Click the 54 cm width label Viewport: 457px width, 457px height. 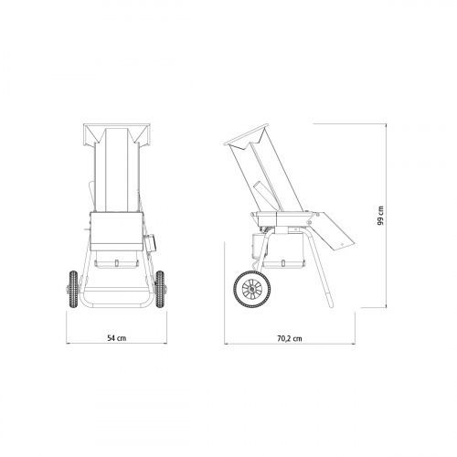(x=114, y=339)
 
